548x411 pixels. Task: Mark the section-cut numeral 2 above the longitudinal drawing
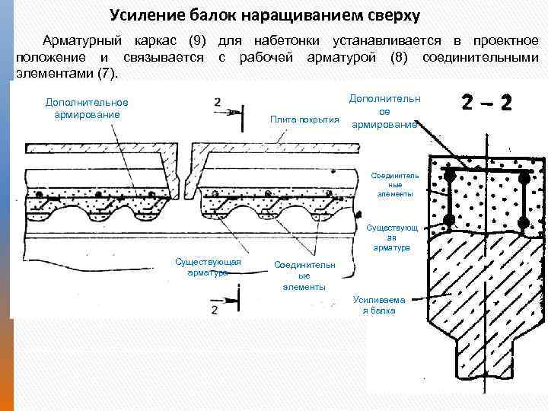(x=218, y=102)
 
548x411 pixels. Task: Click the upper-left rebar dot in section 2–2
(x=450, y=176)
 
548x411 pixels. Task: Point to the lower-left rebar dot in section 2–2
(x=450, y=221)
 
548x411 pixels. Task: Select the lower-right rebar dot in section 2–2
(x=524, y=221)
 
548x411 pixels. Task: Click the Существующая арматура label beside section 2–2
(x=393, y=237)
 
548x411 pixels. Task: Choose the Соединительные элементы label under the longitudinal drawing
(x=304, y=276)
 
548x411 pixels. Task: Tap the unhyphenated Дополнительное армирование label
(x=87, y=108)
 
